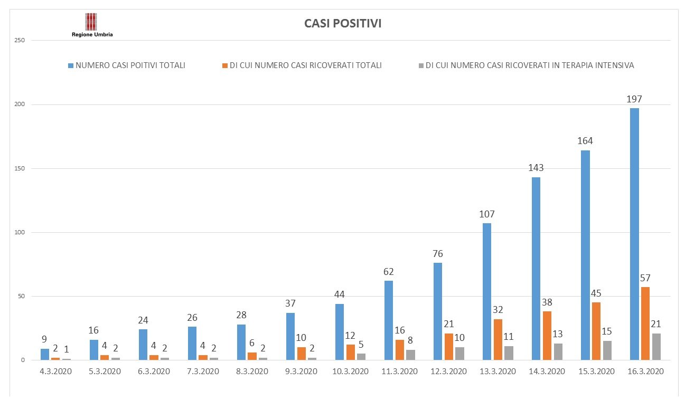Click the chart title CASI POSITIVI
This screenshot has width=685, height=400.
point(343,24)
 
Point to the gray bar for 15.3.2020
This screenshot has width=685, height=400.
point(607,350)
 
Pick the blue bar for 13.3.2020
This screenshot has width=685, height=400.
point(487,291)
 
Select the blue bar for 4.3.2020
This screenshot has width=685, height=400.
point(44,354)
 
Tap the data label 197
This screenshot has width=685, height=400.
point(634,99)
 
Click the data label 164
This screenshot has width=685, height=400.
point(585,141)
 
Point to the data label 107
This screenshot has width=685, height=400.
point(487,214)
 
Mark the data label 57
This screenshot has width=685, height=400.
point(645,278)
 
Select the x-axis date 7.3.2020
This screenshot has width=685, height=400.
point(203,372)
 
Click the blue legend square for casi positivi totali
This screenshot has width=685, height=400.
point(71,66)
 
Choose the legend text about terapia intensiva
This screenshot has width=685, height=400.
point(530,65)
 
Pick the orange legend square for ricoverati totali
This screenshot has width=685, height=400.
point(225,66)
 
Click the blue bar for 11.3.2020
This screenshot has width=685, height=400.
point(388,320)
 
